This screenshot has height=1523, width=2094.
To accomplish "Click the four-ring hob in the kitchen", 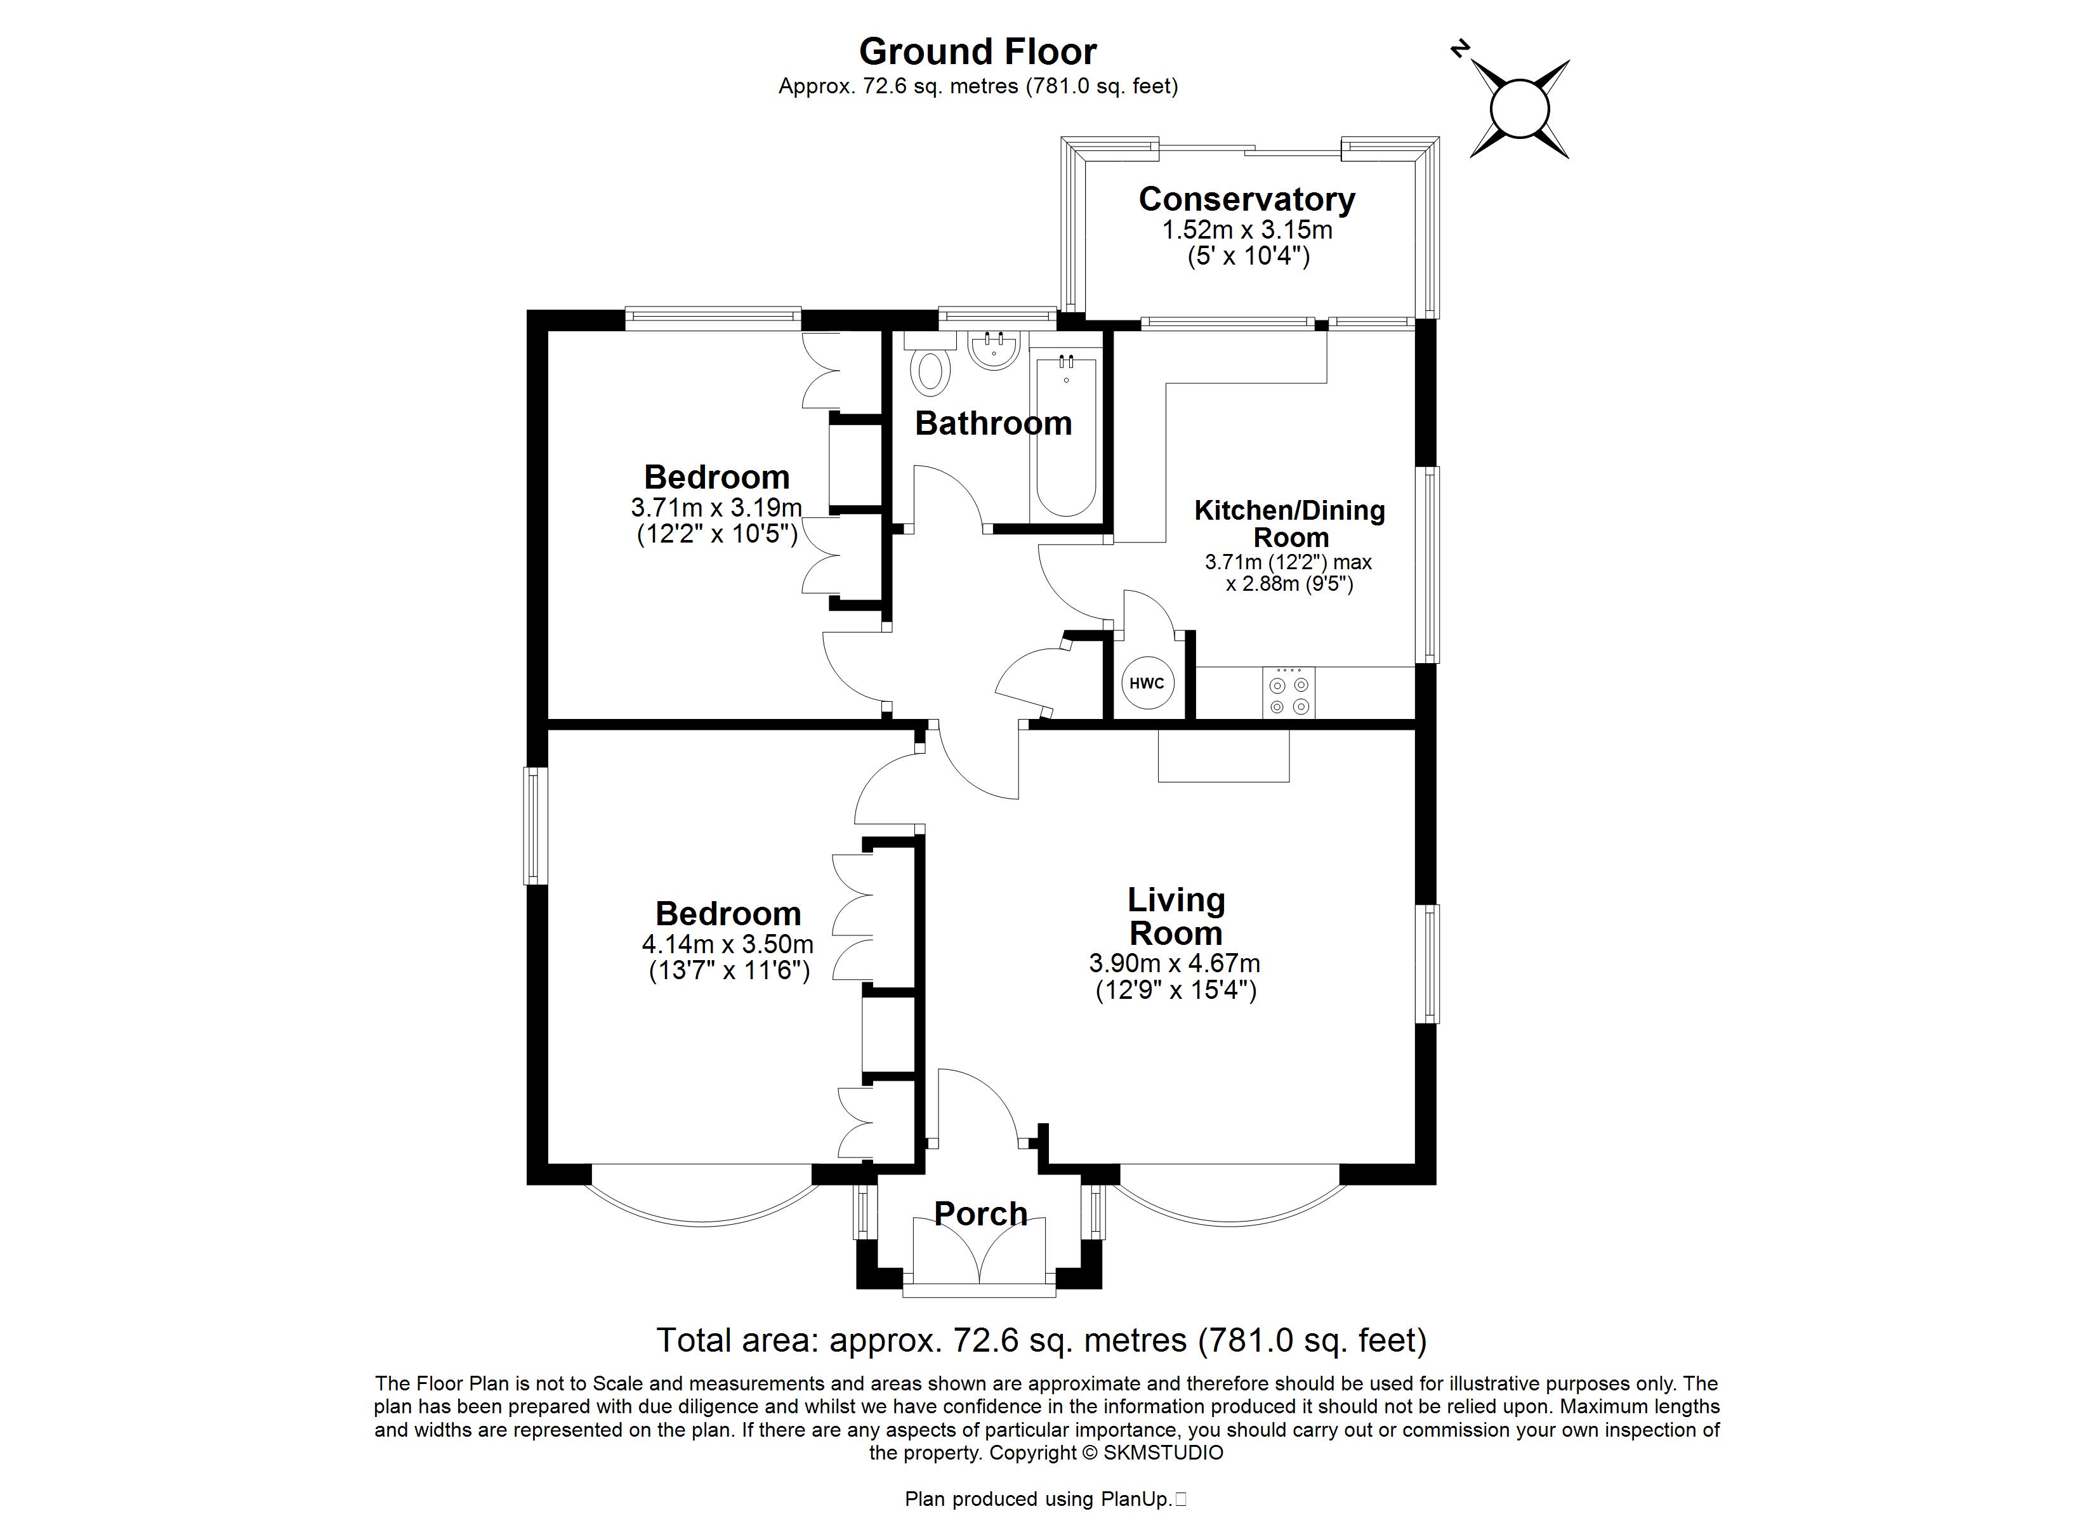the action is coord(1289,693).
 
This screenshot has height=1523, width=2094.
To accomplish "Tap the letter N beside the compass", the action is coord(1459,49).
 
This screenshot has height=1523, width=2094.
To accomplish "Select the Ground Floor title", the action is coord(978,52).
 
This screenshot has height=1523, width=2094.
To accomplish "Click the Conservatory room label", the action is coord(1246,199).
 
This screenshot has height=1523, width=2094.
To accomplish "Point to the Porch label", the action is coord(980,1213).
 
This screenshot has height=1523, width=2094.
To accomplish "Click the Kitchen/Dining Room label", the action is coord(1290,524).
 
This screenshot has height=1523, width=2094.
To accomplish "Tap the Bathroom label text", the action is coord(994,423).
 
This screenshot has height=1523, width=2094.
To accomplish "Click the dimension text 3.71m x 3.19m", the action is coord(716,508).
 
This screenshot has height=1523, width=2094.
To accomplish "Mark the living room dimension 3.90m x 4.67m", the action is coord(1175,963).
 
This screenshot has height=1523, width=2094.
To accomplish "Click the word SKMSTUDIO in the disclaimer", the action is coord(1162,1453).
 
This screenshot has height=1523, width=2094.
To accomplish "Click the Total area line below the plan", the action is coord(1041,1340).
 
